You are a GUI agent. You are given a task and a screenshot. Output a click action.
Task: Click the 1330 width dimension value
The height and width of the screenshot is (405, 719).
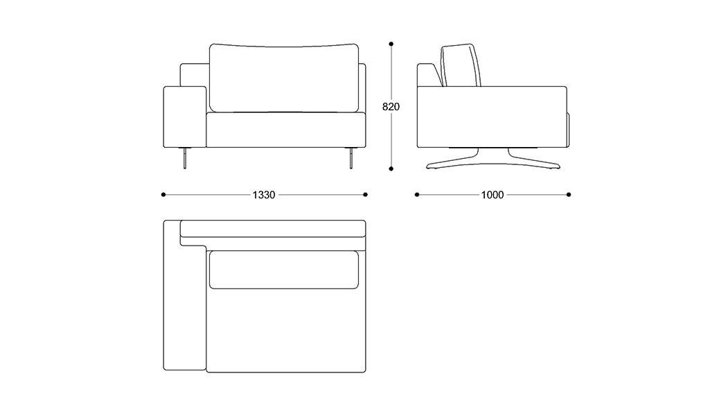(264, 195)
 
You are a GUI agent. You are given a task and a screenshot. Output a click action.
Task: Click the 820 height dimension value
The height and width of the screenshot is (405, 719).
(391, 107)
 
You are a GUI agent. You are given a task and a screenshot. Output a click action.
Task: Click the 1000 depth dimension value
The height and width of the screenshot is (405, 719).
(492, 195)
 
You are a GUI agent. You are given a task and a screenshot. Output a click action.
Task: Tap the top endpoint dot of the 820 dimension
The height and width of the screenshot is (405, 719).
(391, 44)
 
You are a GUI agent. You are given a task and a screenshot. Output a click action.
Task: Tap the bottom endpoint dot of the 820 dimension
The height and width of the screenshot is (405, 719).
(391, 168)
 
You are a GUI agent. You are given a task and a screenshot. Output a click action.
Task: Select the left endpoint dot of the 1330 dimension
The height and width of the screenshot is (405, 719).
(163, 195)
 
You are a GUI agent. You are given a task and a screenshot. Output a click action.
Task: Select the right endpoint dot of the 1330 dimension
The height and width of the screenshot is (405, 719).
(366, 195)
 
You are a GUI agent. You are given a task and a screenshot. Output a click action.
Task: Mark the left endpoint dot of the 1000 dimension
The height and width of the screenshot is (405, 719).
(417, 195)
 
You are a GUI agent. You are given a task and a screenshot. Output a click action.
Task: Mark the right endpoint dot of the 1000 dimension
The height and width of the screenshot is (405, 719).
(569, 195)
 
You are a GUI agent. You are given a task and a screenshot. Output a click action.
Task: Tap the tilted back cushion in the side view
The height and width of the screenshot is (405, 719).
(460, 67)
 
